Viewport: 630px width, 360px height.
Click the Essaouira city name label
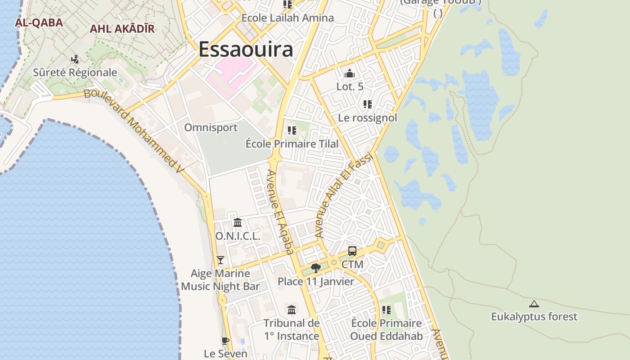pyautogui.click(x=246, y=49)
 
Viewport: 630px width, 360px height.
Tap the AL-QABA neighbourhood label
pyautogui.click(x=39, y=22)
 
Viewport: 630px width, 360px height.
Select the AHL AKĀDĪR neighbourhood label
pyautogui.click(x=122, y=29)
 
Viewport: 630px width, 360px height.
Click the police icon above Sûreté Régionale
pyautogui.click(x=75, y=59)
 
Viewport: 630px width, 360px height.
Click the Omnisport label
pyautogui.click(x=211, y=127)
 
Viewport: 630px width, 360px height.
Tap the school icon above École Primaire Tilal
pyautogui.click(x=292, y=130)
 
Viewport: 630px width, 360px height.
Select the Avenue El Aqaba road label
pyautogui.click(x=281, y=211)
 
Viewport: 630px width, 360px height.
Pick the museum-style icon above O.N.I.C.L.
pyautogui.click(x=238, y=222)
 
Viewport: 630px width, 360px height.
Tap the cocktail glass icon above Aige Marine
pyautogui.click(x=220, y=260)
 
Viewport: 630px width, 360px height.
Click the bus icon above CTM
pyautogui.click(x=352, y=251)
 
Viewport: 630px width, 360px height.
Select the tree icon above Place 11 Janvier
pyautogui.click(x=316, y=268)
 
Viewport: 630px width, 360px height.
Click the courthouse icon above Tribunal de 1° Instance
pyautogui.click(x=292, y=310)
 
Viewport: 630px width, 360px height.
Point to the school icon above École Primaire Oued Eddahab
pyautogui.click(x=387, y=310)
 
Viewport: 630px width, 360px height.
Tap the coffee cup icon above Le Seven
pyautogui.click(x=225, y=341)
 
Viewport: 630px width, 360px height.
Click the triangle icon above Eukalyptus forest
pyautogui.click(x=534, y=304)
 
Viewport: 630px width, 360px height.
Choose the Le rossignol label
pyautogui.click(x=368, y=118)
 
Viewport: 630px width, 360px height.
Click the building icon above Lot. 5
pyautogui.click(x=350, y=73)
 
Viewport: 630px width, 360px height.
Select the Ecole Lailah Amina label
pyautogui.click(x=288, y=18)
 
